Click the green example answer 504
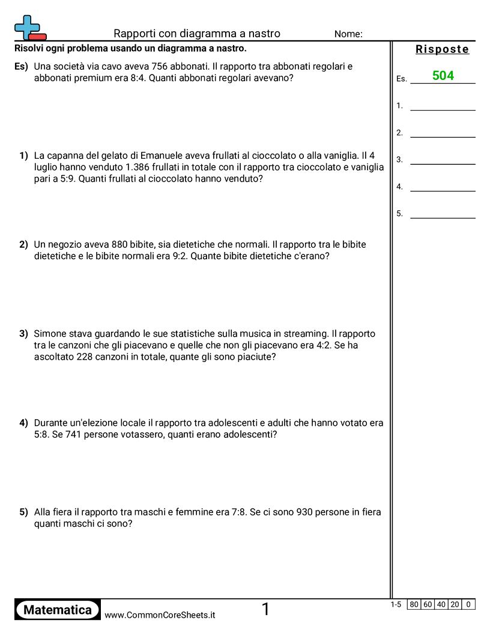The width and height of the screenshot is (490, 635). pos(443,76)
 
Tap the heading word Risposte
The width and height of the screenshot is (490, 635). pos(443,49)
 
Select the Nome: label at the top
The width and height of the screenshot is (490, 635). pos(348,34)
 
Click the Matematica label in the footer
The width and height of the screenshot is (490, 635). pos(58,610)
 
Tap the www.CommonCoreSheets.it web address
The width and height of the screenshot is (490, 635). pos(160,615)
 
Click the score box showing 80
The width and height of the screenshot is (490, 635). pos(414,605)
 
